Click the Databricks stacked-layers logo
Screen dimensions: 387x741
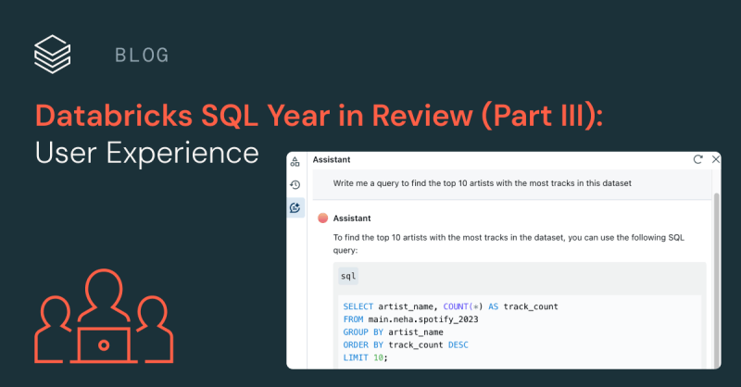click(x=52, y=54)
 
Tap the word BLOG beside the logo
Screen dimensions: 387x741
click(x=142, y=55)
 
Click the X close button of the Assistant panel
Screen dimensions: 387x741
click(x=712, y=159)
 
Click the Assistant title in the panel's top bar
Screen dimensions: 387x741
click(x=332, y=159)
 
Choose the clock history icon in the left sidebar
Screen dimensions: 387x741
click(x=295, y=184)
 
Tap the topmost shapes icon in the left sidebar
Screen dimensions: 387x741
click(x=295, y=161)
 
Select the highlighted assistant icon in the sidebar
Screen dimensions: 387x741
click(x=295, y=208)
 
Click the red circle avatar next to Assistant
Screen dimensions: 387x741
click(x=322, y=218)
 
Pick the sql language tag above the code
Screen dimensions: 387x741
click(x=348, y=276)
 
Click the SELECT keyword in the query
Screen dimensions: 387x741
click(x=359, y=306)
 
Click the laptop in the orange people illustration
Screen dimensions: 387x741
click(x=104, y=345)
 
